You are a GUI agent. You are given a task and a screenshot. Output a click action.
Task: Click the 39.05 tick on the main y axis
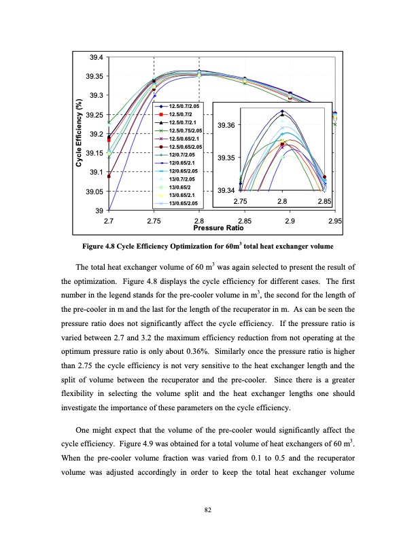(x=94, y=192)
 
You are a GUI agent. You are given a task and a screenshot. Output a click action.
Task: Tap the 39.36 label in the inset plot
(x=226, y=126)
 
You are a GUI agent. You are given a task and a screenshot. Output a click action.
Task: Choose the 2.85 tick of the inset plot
(x=324, y=202)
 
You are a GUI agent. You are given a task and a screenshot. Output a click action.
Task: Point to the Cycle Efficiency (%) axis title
(x=79, y=134)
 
